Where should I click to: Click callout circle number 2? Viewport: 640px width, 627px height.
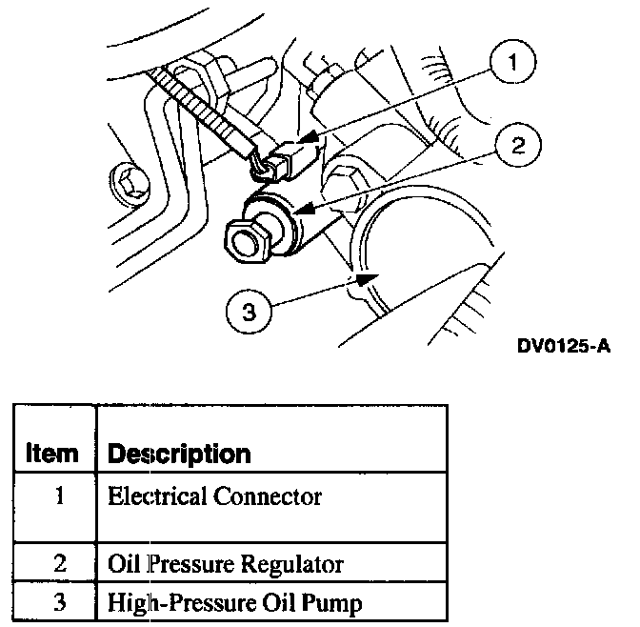(x=516, y=147)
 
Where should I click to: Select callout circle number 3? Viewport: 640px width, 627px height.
(x=250, y=310)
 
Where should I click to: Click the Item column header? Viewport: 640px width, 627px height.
(x=53, y=454)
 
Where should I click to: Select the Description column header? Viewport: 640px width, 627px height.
(x=179, y=454)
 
